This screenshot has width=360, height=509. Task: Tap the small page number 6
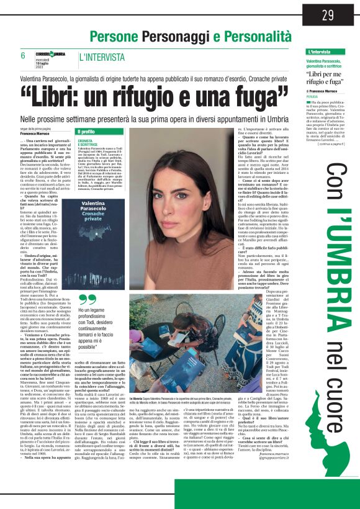24,56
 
